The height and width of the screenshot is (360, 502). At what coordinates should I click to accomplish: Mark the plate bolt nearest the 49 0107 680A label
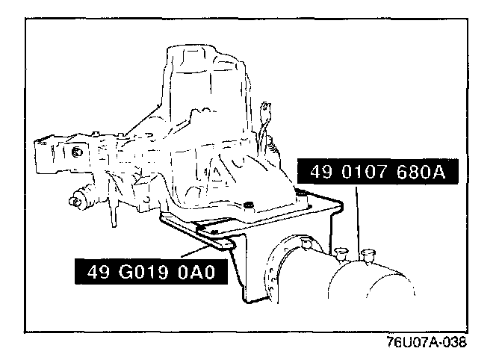[300, 196]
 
